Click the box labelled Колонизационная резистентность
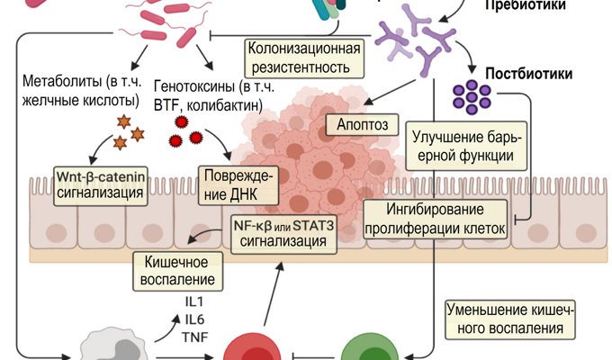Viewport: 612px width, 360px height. [305, 57]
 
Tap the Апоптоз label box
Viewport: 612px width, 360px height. [363, 123]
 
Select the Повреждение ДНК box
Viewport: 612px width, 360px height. [238, 184]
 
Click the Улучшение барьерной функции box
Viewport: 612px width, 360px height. [463, 146]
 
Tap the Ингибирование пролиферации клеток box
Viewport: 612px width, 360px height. [436, 219]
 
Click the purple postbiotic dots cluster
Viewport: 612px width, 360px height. [471, 97]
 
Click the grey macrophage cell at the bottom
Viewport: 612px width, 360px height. [112, 348]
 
